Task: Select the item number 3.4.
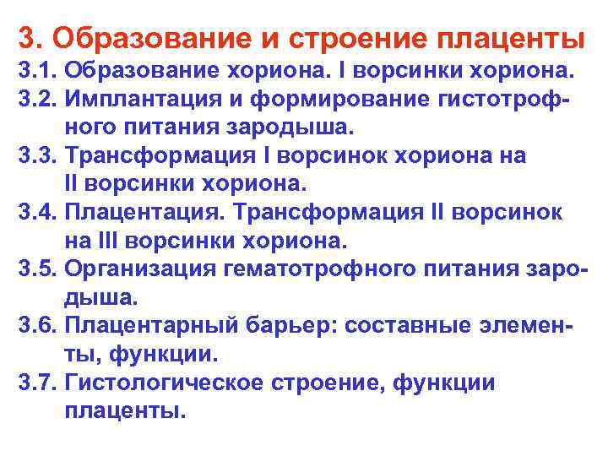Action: click(36, 213)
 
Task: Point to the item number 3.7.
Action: click(36, 384)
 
